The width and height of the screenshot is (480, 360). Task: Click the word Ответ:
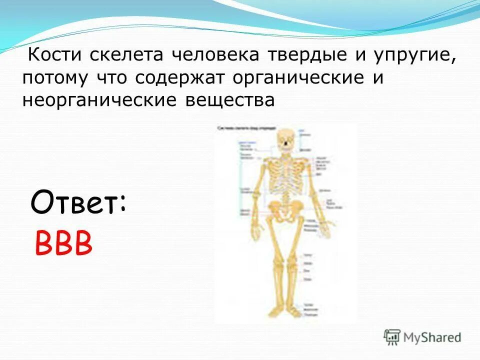coord(78,202)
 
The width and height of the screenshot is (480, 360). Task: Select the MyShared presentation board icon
coord(392,337)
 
